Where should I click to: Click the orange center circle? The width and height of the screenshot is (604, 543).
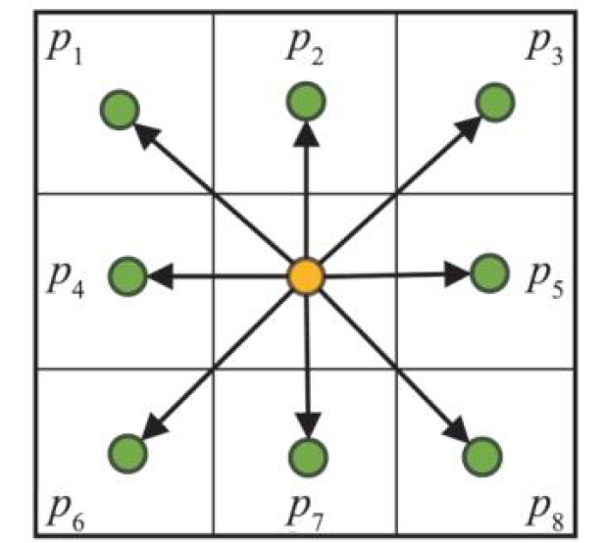click(x=306, y=276)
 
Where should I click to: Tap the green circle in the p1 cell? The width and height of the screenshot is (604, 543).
click(x=120, y=110)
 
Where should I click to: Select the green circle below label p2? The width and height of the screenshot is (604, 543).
click(x=306, y=101)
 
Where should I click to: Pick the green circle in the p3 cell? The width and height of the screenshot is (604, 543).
click(x=495, y=102)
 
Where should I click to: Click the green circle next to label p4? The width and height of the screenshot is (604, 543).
click(x=127, y=276)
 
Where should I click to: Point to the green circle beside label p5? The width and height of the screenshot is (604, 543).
click(x=489, y=273)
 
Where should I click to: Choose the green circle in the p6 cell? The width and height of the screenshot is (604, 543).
click(x=127, y=453)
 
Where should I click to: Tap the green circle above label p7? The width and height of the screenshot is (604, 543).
click(x=308, y=458)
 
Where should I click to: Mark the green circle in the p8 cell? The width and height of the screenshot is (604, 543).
click(x=482, y=457)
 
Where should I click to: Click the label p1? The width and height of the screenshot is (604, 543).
click(x=65, y=48)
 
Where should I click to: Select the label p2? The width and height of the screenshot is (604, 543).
click(x=305, y=48)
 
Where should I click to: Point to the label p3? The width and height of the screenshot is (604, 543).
click(x=544, y=48)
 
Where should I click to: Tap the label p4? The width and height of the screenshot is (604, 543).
click(x=66, y=281)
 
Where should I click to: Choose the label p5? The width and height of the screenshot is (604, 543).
click(x=545, y=281)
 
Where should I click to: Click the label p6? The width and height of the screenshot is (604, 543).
click(x=66, y=515)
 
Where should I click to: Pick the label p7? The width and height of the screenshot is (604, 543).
click(x=305, y=515)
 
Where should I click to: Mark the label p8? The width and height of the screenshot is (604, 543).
click(x=545, y=515)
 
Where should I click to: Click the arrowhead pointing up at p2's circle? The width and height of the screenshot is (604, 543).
click(x=306, y=133)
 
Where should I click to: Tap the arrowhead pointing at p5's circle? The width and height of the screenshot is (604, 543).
click(x=457, y=273)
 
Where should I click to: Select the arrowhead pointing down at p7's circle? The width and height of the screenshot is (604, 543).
click(x=308, y=425)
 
